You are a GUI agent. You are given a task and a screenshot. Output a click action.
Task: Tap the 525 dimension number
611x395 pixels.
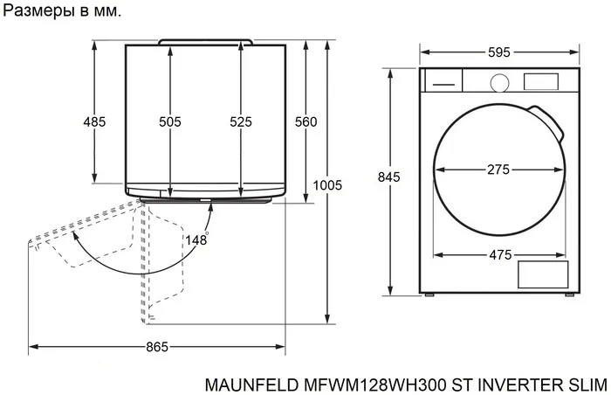(x=240, y=122)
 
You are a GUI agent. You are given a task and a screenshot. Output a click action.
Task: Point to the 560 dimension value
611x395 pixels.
(x=305, y=122)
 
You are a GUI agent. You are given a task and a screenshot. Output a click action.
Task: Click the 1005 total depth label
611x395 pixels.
(x=327, y=185)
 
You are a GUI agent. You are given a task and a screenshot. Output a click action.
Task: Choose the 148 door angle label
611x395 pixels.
(x=197, y=238)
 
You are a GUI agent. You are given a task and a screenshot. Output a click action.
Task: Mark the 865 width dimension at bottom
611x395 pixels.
(x=156, y=347)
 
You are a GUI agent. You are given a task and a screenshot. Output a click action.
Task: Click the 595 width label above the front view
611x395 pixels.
(x=499, y=52)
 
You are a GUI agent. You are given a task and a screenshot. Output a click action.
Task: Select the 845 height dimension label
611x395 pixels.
(x=388, y=177)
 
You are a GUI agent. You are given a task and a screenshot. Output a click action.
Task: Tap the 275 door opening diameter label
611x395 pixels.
(x=498, y=170)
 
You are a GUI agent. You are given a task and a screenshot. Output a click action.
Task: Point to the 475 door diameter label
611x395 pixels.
(x=498, y=254)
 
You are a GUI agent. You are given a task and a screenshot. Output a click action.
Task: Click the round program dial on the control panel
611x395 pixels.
(x=498, y=81)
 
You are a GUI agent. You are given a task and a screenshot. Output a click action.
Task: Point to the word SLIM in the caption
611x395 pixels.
(x=588, y=383)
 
